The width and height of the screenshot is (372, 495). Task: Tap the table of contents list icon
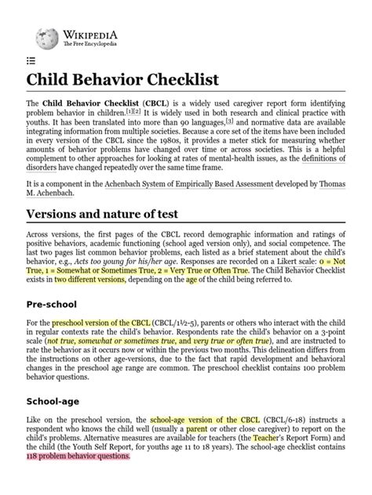[x=31, y=60]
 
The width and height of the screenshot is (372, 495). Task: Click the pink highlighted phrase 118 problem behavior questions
[x=76, y=456]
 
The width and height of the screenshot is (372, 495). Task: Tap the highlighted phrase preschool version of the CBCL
[x=101, y=323]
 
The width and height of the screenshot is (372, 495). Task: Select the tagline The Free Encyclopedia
[x=85, y=44]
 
